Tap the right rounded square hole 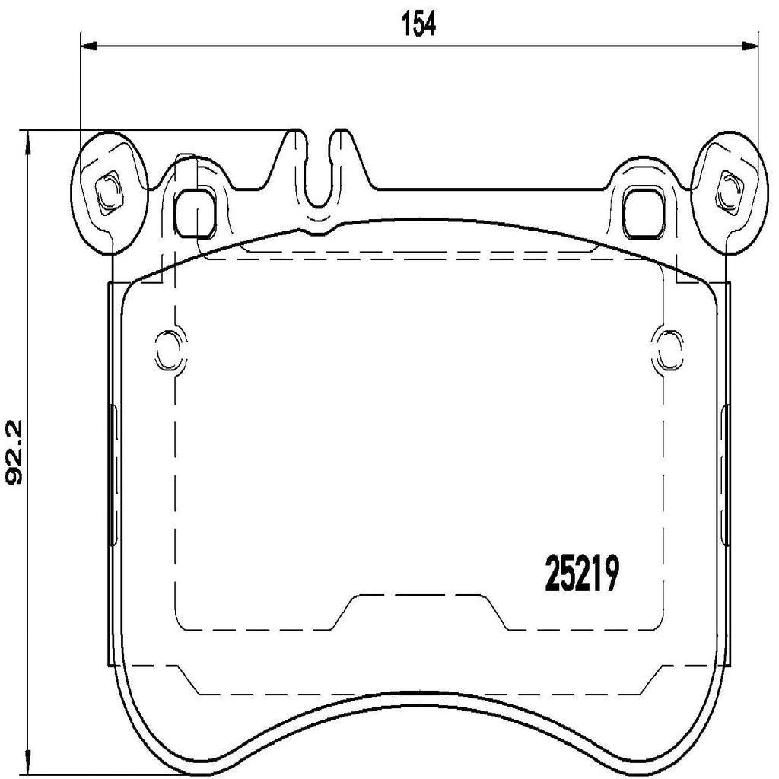pyautogui.click(x=641, y=212)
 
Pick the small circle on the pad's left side pyautogui.click(x=167, y=349)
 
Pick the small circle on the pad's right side pyautogui.click(x=669, y=349)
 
